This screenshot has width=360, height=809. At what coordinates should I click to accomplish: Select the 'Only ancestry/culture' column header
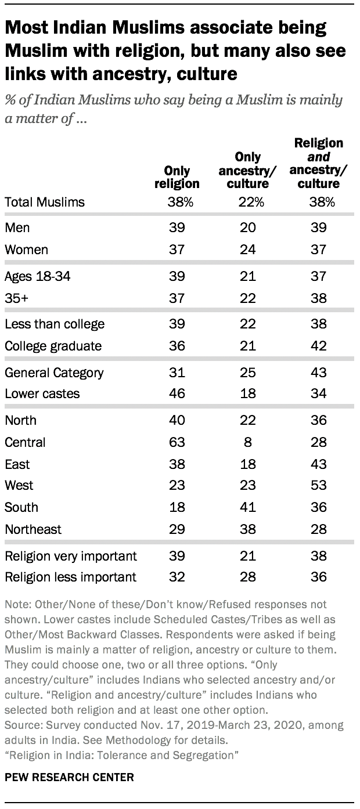tap(248, 170)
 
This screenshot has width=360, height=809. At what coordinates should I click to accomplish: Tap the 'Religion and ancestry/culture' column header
tap(319, 163)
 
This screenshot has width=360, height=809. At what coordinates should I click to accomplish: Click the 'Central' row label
tap(25, 442)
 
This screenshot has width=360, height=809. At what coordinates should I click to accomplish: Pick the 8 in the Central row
tap(247, 442)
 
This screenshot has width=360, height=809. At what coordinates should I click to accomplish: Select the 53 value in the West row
tap(319, 485)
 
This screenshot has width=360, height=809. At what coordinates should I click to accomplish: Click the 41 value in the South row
tap(247, 507)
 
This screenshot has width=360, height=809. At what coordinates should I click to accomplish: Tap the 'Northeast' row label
tap(33, 529)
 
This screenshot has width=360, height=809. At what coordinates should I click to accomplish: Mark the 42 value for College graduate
tap(319, 346)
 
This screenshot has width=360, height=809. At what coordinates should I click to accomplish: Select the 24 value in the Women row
tap(247, 250)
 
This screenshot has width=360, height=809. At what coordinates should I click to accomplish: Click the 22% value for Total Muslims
tap(251, 202)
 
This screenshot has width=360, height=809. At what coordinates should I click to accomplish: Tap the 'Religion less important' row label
tap(70, 577)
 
